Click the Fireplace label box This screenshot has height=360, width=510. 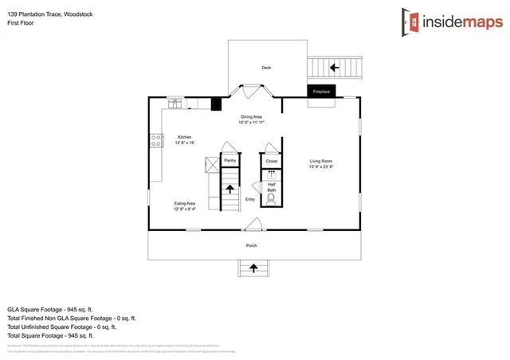321,92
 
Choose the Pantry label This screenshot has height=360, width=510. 229,161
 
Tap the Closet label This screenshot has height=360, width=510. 271,161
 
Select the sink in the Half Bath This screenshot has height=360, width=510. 271,174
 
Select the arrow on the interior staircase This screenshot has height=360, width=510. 229,190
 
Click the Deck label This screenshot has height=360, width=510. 266,68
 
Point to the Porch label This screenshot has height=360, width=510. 251,245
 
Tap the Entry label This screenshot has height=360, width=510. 250,199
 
